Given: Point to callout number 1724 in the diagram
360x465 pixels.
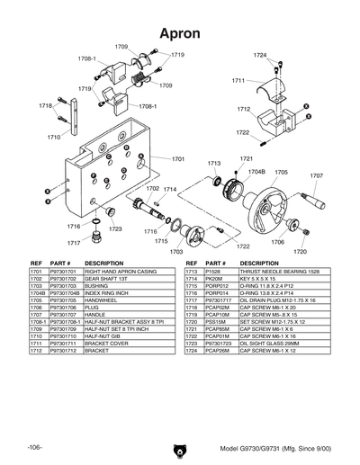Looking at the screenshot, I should [260, 56].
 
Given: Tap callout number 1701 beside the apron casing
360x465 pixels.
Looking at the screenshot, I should [177, 158].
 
